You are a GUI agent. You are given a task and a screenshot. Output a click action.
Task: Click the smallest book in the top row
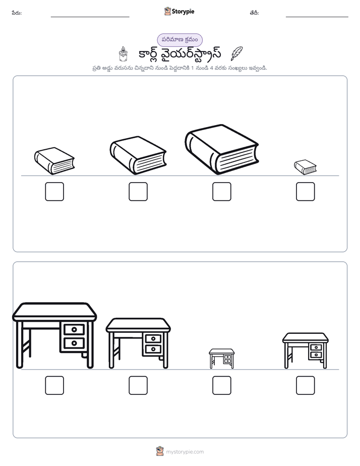click(x=305, y=167)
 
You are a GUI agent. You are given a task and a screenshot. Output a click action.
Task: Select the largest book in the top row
click(x=221, y=149)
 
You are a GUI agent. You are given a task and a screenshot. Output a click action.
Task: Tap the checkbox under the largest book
click(x=221, y=192)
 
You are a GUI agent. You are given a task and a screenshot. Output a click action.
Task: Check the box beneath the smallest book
click(x=306, y=192)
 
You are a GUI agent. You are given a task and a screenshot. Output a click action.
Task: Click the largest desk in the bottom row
click(x=54, y=335)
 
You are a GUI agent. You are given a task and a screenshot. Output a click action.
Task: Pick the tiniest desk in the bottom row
click(x=221, y=359)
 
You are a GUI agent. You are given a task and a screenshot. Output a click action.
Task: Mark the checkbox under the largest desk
click(x=54, y=385)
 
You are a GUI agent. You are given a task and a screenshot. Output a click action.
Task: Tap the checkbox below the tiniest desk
click(x=221, y=385)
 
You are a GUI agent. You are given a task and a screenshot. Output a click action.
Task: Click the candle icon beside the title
click(x=123, y=54)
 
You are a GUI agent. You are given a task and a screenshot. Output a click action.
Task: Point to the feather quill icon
click(x=236, y=53)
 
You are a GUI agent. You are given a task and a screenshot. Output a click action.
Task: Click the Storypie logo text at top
click(x=183, y=12)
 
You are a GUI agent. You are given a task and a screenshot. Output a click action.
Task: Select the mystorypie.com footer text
click(x=185, y=452)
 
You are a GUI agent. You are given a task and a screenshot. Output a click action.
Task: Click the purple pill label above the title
click(x=179, y=40)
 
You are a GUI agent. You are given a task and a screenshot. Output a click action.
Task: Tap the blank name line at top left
click(x=90, y=17)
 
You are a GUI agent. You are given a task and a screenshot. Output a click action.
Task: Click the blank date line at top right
click(x=317, y=17)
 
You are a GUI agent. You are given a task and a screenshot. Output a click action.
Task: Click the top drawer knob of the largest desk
click(x=74, y=329)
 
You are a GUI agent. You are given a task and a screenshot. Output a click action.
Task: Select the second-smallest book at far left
click(x=54, y=161)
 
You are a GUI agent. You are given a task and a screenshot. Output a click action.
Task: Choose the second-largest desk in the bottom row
click(x=138, y=343)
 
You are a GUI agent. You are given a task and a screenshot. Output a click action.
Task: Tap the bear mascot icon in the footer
click(x=160, y=451)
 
